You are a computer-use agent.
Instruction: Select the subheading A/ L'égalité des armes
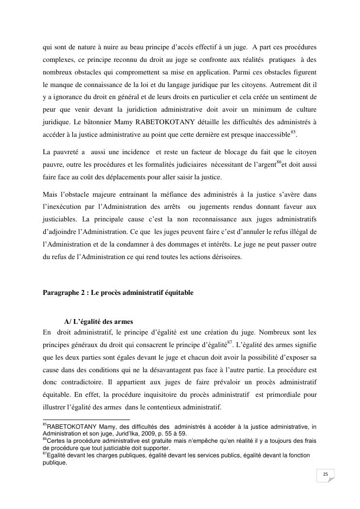(99, 322)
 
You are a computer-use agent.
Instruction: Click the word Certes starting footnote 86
(56, 441)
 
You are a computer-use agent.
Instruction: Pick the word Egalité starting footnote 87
(57, 455)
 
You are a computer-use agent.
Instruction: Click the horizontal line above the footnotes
(86, 420)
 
